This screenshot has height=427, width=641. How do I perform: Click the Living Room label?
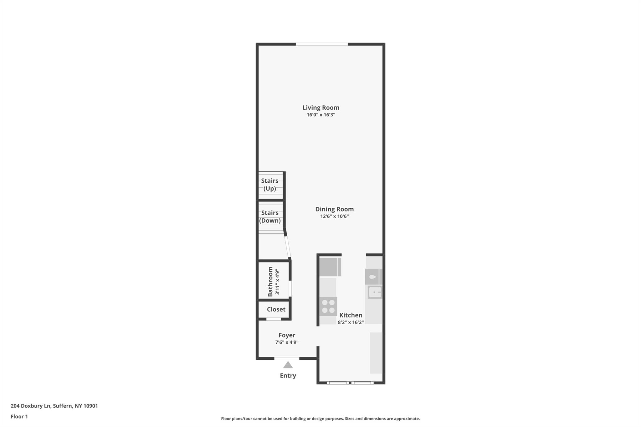321,108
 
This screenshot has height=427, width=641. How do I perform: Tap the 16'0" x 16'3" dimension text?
321,115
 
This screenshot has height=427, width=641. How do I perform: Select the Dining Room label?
334,209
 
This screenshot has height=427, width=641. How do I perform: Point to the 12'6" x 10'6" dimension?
334,216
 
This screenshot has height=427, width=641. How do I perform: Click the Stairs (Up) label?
270,185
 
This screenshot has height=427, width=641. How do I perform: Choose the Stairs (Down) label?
270,216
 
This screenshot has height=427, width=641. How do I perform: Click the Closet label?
276,309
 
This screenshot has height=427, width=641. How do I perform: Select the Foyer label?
287,335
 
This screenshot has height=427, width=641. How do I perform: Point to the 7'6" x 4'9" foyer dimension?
287,343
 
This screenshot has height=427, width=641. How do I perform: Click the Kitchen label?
351,315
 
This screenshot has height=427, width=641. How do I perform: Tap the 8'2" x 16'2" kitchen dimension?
351,323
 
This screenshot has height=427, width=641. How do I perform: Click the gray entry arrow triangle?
288,365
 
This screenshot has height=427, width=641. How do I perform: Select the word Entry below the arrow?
288,376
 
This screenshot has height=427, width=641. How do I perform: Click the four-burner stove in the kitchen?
328,306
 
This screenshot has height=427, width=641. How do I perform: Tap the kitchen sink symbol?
375,292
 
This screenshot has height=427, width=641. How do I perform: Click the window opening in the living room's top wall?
322,44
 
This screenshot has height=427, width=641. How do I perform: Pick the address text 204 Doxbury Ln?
31,406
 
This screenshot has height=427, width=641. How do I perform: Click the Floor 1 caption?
19,417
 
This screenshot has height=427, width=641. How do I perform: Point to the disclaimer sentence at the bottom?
320,419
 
